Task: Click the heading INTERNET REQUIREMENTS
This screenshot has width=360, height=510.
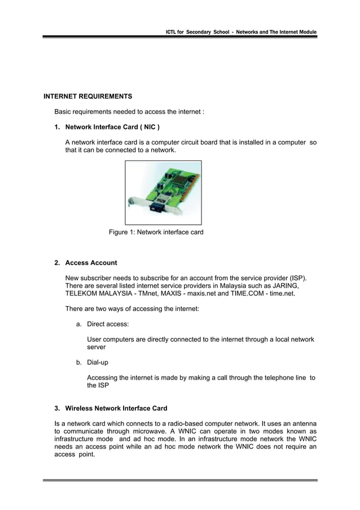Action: (x=87, y=96)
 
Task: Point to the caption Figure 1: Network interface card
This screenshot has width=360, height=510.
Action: (x=156, y=232)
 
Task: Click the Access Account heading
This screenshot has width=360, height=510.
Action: (x=91, y=263)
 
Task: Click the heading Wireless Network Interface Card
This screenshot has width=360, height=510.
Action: (x=116, y=408)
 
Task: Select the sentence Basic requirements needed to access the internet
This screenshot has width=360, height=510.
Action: (x=129, y=111)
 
